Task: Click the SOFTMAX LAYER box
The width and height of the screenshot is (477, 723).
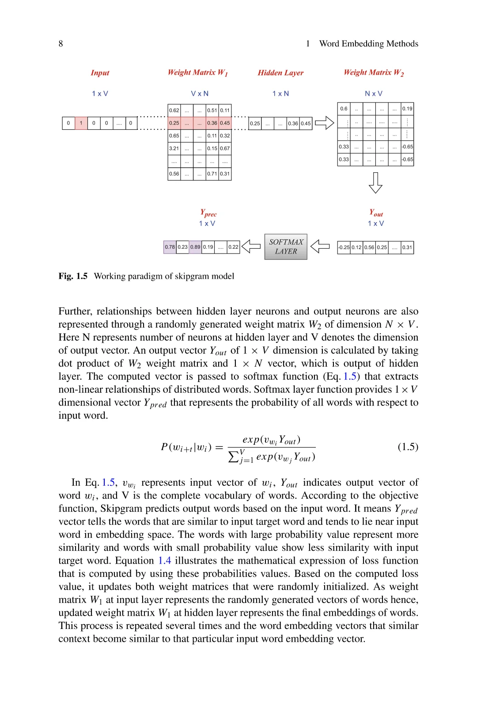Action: point(286,246)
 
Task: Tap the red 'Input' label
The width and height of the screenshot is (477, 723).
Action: point(100,73)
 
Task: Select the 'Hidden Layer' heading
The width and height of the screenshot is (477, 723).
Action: point(280,73)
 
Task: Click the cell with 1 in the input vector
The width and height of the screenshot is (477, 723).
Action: point(81,123)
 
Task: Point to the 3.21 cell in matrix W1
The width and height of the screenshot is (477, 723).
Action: point(174,148)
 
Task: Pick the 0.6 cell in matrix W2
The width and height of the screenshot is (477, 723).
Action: point(344,109)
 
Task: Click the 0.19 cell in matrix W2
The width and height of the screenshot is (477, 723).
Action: point(407,109)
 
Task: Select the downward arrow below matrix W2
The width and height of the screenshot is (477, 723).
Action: point(375,182)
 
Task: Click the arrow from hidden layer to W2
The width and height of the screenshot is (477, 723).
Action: point(324,123)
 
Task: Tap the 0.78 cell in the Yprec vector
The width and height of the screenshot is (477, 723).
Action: point(170,247)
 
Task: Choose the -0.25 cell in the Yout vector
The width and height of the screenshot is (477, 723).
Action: point(344,247)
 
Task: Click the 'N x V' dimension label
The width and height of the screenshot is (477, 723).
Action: point(374,94)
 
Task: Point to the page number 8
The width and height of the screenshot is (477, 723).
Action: point(61,44)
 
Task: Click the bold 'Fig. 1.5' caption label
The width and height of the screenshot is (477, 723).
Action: point(73,276)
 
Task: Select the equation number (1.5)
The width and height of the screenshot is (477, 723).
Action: point(408,447)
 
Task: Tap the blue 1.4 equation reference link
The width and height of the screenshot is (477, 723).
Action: point(164,560)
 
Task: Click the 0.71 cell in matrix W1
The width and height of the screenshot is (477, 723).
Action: point(212,174)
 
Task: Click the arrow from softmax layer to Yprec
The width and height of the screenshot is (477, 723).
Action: point(251,246)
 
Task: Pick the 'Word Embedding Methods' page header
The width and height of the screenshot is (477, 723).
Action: point(368,44)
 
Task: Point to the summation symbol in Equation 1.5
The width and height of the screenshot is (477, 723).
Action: point(233,456)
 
